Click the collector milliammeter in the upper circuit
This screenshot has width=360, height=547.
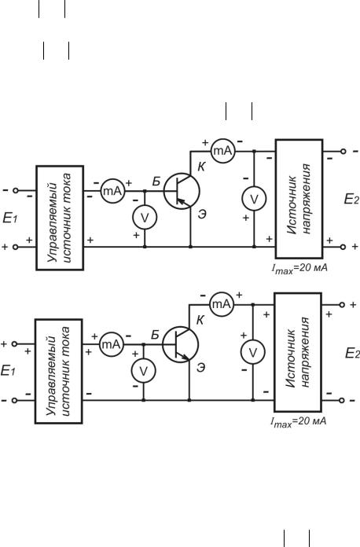pos(223,151)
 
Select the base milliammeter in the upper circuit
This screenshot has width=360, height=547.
pos(112,191)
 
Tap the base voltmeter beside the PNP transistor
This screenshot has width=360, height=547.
pos(145,217)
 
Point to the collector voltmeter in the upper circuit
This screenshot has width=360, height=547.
pos(255,199)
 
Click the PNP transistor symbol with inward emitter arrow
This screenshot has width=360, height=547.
pos(182,191)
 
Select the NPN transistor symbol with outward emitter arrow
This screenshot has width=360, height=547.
pos(180,344)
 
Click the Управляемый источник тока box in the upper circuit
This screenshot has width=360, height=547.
pos(60,218)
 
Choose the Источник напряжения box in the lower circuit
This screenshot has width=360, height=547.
pos(298,352)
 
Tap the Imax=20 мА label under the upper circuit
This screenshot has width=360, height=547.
pos(299,269)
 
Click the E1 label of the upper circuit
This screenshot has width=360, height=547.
pos(9,218)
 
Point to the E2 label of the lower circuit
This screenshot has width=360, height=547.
pos(352,353)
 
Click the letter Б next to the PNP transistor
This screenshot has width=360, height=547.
pos(156,182)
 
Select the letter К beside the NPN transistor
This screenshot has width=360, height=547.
pos(200,320)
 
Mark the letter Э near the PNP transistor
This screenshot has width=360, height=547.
pos(202,214)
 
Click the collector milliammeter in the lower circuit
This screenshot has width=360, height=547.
pos(222,304)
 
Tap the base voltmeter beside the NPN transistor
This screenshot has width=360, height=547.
pos(143,371)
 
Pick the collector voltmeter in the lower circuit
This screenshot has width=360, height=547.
pos(253,352)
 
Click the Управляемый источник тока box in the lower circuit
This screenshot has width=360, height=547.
pos(59,371)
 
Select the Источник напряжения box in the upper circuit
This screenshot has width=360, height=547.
pos(299,199)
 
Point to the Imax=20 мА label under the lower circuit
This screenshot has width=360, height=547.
pos(298,421)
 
